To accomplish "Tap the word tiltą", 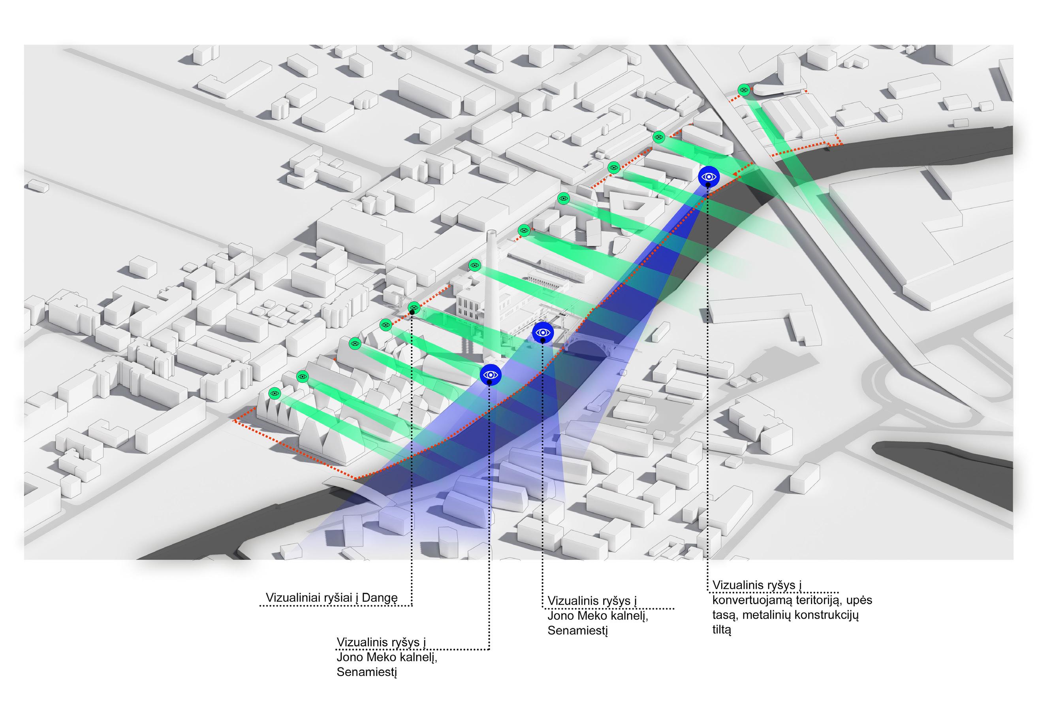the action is point(721,629).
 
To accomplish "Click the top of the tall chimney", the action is point(491,234).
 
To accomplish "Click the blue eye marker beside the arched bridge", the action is point(543,332).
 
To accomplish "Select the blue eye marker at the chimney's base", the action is point(491,375).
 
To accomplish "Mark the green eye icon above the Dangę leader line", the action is point(414,308).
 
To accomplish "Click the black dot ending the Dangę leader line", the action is point(412,312).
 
